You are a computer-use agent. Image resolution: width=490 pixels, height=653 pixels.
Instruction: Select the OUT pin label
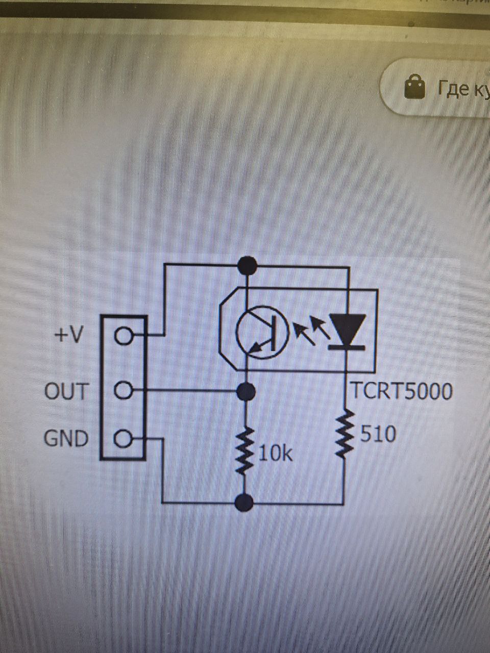[x=67, y=391]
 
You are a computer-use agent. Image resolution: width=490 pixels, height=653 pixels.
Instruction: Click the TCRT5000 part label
[x=401, y=391]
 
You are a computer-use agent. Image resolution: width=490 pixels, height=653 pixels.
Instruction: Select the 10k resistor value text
[x=276, y=453]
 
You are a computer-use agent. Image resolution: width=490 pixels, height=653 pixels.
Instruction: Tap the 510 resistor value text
[x=378, y=435]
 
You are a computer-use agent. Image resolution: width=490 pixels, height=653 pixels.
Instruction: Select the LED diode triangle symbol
[x=347, y=329]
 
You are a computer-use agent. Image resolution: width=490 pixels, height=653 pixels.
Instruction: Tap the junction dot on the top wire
[x=247, y=264]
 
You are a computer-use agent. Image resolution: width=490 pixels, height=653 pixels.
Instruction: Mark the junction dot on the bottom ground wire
[x=246, y=503]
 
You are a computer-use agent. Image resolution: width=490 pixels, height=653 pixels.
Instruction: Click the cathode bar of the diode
[x=347, y=347]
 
